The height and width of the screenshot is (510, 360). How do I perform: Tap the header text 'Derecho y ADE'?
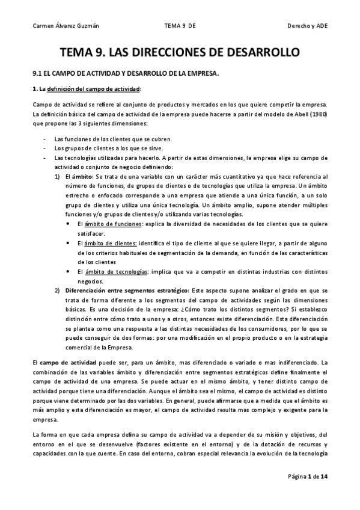pyautogui.click(x=308, y=26)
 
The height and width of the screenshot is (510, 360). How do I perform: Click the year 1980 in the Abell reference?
pyautogui.click(x=319, y=114)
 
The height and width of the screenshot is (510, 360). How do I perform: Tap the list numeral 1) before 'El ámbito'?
pyautogui.click(x=58, y=177)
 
